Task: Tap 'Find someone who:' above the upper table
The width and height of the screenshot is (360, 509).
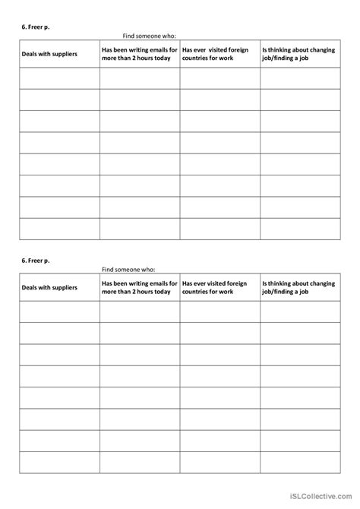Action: [x=149, y=35]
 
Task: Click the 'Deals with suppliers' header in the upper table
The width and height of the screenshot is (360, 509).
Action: [x=49, y=55]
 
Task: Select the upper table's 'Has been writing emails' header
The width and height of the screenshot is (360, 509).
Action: [x=139, y=55]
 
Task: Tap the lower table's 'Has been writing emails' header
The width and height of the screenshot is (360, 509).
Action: [x=139, y=288]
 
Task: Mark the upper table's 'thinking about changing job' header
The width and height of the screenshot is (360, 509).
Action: [x=299, y=55]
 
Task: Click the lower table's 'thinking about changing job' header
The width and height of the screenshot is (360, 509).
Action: [x=299, y=288]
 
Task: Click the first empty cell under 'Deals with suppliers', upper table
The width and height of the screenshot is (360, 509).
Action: [x=59, y=78]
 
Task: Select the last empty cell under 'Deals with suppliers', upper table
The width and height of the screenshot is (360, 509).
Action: [x=59, y=229]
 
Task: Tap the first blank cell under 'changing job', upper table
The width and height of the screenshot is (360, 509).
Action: [x=300, y=78]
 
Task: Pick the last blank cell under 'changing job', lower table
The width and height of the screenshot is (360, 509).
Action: [x=300, y=462]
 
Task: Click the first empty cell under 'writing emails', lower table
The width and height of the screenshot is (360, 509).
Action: [x=140, y=311]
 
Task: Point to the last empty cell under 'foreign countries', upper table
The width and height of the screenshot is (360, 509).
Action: [x=219, y=229]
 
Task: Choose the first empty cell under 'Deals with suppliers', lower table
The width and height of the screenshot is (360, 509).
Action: [x=59, y=311]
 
